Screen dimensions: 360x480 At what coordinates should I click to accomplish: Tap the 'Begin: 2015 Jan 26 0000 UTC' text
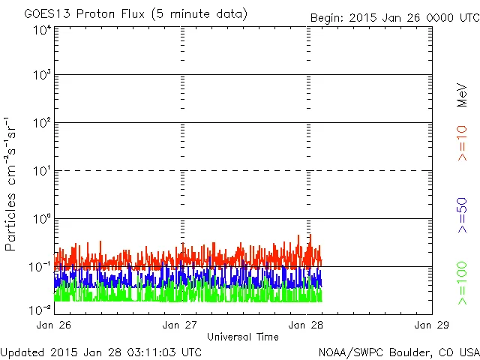[x=394, y=17]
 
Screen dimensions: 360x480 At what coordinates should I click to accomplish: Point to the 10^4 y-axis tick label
[x=41, y=30]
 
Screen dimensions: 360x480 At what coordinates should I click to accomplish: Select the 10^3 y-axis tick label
[x=41, y=76]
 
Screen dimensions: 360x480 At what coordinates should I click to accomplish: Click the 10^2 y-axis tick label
[x=41, y=124]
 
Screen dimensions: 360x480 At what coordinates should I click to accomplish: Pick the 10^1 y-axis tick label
[x=41, y=172]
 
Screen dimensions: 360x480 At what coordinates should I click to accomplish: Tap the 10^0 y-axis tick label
[x=41, y=220]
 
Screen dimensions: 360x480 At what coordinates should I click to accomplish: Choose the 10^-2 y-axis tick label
[x=40, y=309]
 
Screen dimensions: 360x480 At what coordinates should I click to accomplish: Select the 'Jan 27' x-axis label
[x=180, y=325]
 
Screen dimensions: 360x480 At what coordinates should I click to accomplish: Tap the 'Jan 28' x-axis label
[x=307, y=325]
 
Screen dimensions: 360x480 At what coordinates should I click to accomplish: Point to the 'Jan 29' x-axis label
[x=432, y=325]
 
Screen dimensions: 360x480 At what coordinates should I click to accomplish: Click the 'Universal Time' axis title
[x=242, y=337]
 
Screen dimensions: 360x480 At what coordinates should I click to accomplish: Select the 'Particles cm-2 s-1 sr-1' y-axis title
[x=11, y=184]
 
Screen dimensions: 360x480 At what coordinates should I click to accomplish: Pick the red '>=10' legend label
[x=462, y=143]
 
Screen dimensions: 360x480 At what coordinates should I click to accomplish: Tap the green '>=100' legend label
[x=462, y=283]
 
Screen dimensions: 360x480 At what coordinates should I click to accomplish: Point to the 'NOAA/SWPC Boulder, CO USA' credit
[x=398, y=351]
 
